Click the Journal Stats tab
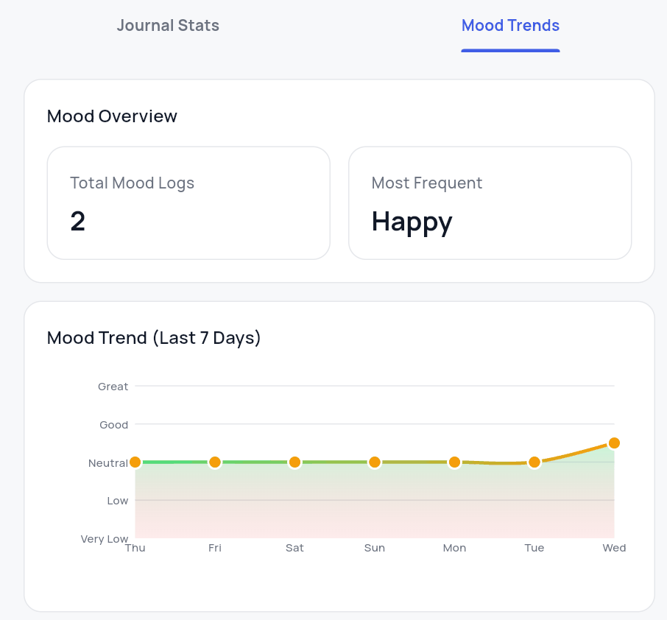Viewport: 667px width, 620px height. point(168,26)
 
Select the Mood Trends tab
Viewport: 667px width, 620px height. point(510,26)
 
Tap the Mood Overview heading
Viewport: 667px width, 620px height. point(112,116)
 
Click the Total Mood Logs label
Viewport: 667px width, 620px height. point(132,183)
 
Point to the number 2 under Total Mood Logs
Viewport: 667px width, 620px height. point(78,222)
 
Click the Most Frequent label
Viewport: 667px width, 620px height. point(427,183)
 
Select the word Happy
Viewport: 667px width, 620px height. point(412,222)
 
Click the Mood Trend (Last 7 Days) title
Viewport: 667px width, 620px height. point(154,338)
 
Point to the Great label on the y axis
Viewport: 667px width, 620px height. point(113,387)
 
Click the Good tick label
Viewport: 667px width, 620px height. point(114,425)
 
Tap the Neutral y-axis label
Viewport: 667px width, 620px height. point(108,463)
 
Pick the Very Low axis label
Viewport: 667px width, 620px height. point(105,539)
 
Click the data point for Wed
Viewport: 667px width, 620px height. point(614,443)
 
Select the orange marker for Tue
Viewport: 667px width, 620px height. point(534,462)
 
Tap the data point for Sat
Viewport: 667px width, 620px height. point(294,462)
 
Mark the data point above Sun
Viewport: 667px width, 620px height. point(375,462)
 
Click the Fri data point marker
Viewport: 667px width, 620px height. point(215,462)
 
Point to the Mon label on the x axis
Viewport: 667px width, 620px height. point(454,548)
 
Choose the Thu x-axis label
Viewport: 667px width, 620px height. point(135,548)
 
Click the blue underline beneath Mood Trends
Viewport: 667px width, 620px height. point(510,50)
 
